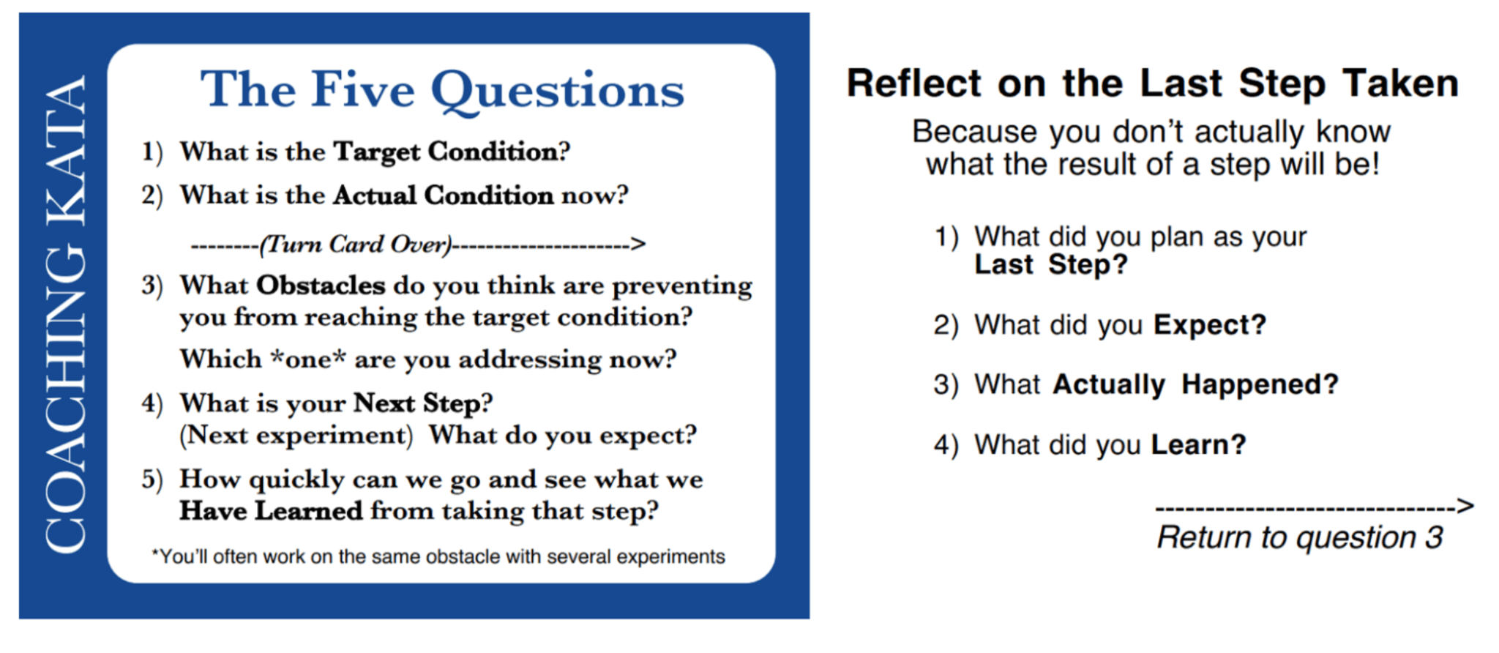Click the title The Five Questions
coord(442,91)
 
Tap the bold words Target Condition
coord(446,152)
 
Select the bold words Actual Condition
coord(443,195)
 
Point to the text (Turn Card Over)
coord(356,244)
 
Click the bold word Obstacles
coord(320,285)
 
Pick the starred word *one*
coord(307,359)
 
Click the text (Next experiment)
coord(296,436)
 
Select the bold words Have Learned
coord(271,511)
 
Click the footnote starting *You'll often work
coord(438,557)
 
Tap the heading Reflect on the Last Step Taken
coord(1152,83)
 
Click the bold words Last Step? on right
coord(1050,264)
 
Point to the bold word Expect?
coord(1209,324)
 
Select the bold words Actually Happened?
coord(1195,384)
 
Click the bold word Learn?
coord(1198,444)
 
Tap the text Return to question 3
coord(1299,537)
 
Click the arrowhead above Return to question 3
coord(1465,506)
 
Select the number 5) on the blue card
coord(152,480)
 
